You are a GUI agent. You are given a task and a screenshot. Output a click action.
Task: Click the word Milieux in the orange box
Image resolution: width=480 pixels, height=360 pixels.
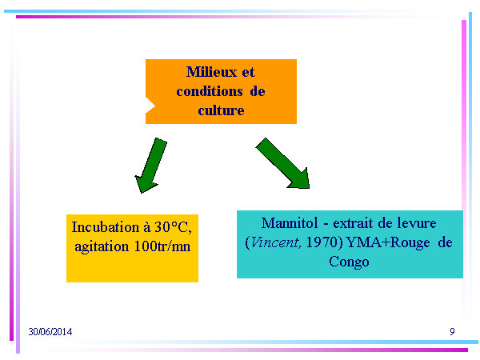[211, 72]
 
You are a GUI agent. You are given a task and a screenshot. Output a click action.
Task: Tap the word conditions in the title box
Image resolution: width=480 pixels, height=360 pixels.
[210, 91]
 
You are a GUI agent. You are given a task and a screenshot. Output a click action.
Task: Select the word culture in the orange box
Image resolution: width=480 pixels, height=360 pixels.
[221, 110]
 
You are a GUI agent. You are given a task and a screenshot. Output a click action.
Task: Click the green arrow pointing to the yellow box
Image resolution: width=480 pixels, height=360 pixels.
[151, 166]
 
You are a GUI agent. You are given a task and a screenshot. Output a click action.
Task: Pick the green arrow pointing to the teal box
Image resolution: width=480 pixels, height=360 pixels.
[283, 163]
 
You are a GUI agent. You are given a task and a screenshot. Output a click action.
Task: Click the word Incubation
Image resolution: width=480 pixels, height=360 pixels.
[106, 227]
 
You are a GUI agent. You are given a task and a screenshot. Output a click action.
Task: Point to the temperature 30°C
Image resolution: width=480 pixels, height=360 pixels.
[174, 227]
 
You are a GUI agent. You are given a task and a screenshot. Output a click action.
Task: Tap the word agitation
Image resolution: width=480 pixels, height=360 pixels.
[102, 246]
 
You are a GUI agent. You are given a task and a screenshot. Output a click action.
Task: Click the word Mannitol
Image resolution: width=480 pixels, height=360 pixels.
[290, 223]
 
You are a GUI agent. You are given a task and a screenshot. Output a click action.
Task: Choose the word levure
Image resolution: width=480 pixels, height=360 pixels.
[417, 223]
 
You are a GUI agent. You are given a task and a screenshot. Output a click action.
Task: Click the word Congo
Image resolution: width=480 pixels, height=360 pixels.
[349, 262]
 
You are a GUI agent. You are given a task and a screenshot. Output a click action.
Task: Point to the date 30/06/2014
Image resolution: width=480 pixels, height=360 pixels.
[50, 332]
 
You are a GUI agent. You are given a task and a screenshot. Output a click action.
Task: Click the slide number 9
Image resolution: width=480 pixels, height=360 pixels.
[452, 331]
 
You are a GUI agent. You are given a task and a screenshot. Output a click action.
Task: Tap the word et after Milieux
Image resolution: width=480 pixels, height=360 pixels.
[248, 72]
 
